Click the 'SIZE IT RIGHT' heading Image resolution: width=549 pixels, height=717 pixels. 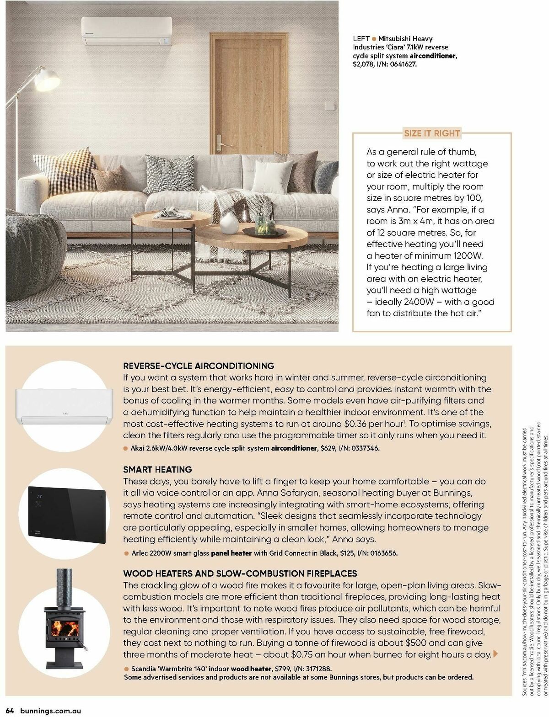431,133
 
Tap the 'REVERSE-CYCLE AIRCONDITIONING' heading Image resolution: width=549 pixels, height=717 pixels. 199,366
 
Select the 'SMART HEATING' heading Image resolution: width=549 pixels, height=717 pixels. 157,469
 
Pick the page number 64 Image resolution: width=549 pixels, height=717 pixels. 11,711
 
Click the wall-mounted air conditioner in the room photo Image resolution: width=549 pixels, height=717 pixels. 127,31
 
